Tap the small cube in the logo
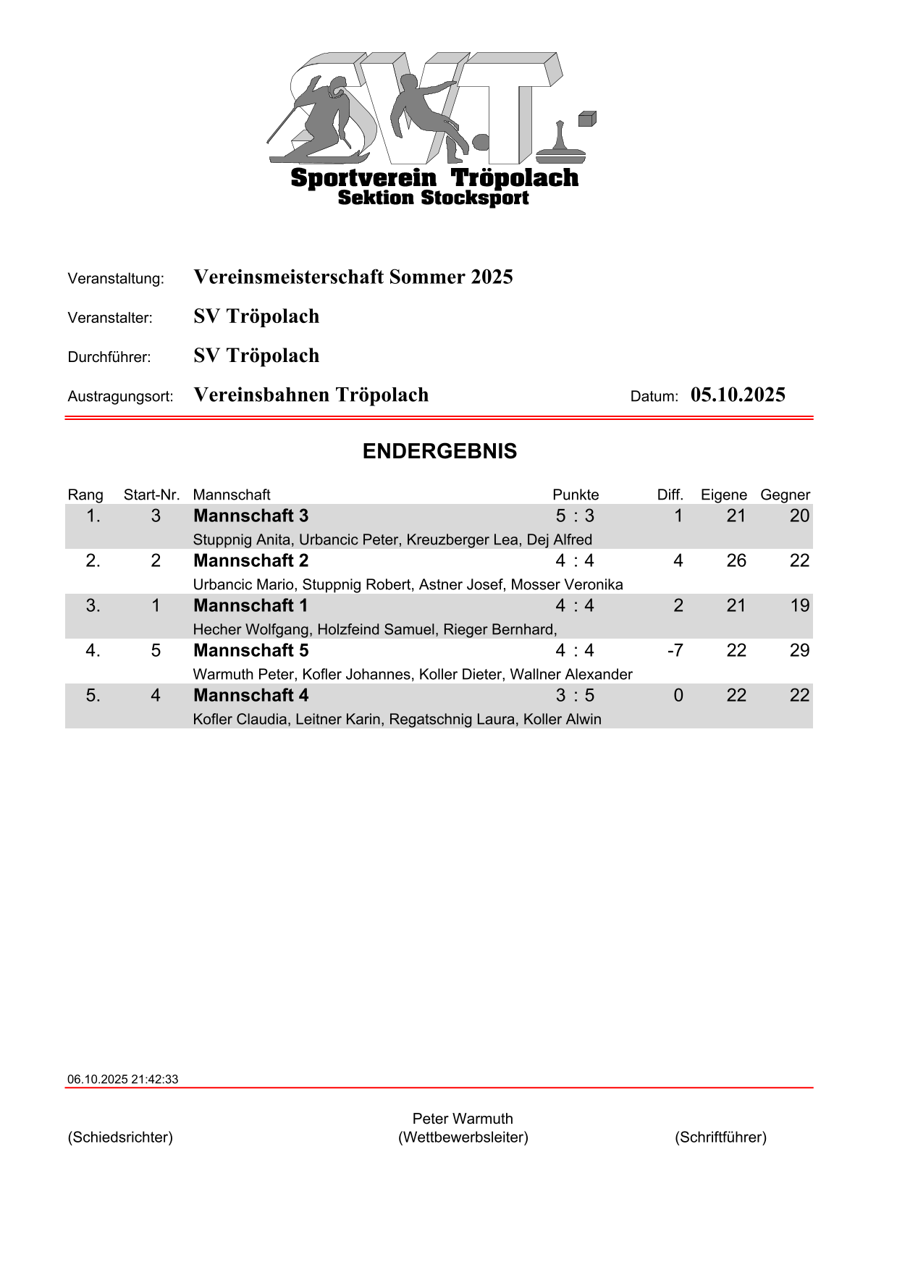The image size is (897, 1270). (586, 119)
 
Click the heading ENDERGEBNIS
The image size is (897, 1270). (439, 451)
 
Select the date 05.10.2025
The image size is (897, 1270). (737, 395)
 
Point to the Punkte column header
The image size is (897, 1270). (576, 495)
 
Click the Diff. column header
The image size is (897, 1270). (670, 495)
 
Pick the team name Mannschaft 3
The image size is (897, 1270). (250, 516)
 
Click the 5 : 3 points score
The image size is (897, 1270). (575, 516)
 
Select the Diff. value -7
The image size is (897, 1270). (675, 650)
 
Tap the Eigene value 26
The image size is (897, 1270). (736, 560)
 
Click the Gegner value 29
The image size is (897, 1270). (799, 650)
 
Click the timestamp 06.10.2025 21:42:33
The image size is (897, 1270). (122, 1079)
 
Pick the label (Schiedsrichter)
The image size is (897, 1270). (120, 1137)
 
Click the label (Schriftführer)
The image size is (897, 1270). (720, 1137)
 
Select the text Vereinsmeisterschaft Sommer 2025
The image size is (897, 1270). (353, 277)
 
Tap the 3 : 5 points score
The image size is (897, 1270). (575, 695)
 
